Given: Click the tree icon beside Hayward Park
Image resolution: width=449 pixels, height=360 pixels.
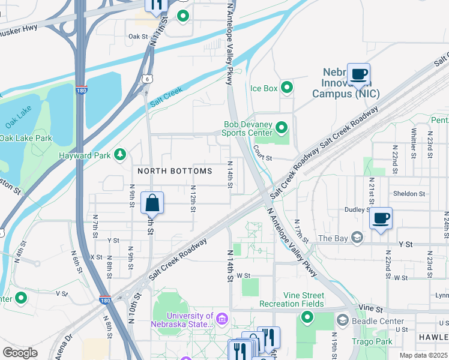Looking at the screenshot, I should [120, 155].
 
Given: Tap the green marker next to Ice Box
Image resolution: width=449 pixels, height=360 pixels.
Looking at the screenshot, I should [287, 88].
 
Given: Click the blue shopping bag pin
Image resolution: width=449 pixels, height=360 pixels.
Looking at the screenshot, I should [152, 203].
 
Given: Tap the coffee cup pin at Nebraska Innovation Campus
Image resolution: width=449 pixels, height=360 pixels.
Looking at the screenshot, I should [358, 74].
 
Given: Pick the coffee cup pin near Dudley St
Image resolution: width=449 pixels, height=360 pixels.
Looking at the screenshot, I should [381, 218].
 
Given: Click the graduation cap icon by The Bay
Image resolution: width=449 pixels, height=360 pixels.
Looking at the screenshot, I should [358, 238].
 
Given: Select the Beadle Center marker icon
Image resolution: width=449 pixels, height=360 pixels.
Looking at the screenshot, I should [343, 321].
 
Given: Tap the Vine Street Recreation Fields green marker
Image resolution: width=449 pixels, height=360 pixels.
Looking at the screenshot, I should [307, 317].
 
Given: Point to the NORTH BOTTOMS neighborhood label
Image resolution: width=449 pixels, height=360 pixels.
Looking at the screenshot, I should [175, 171].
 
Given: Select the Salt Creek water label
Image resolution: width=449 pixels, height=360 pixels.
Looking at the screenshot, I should [165, 96].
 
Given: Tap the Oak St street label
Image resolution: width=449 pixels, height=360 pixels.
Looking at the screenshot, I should [137, 37].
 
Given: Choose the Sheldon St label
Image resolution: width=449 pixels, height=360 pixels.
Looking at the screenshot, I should [409, 194].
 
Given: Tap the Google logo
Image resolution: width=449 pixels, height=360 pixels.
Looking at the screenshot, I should [20, 353].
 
